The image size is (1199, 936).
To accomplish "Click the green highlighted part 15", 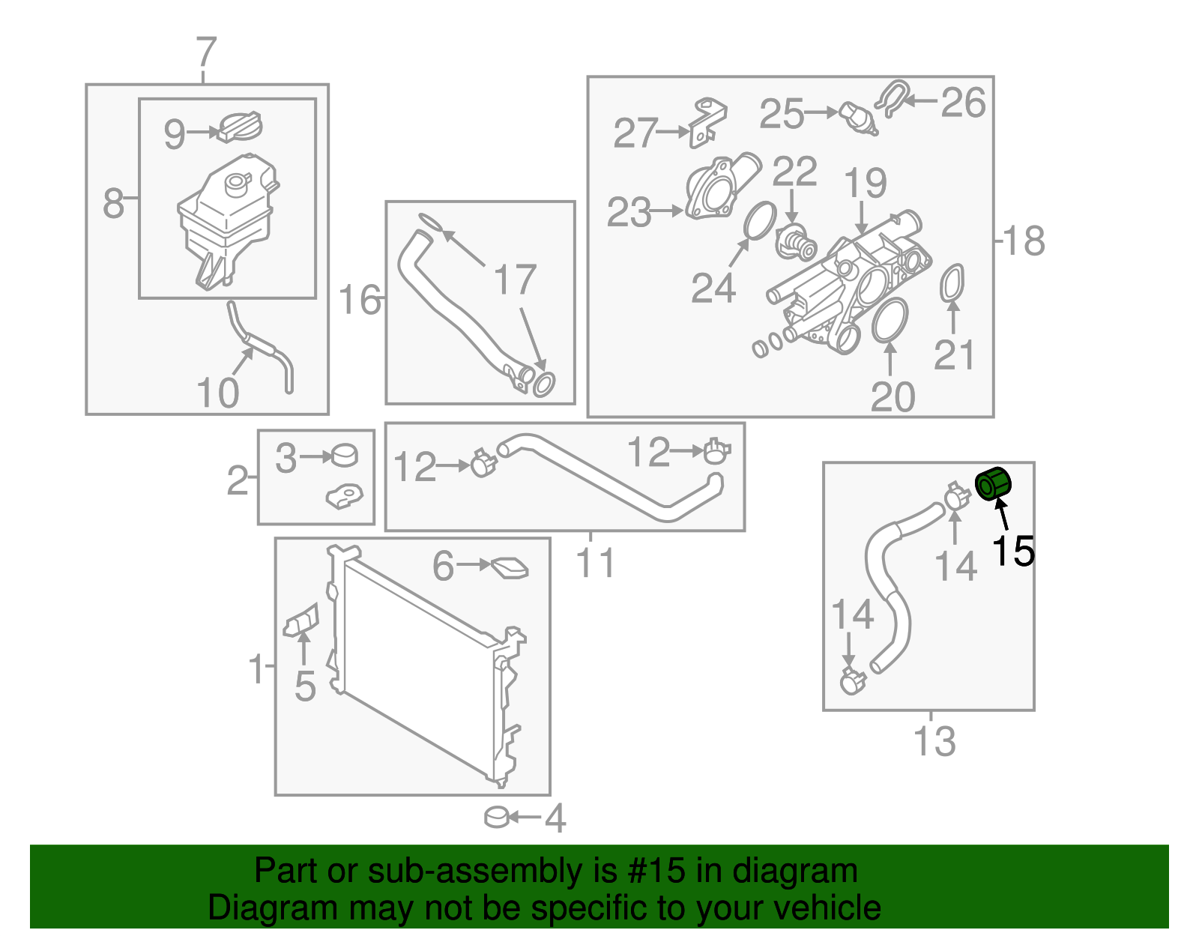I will pos(994,483).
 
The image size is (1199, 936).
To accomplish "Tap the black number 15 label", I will pos(1012,552).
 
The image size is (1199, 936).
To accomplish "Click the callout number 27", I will pos(635,133).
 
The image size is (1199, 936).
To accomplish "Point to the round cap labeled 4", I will pos(497,816).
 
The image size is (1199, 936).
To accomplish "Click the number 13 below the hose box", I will pos(934,742).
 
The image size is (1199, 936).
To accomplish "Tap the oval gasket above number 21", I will pos(952,283).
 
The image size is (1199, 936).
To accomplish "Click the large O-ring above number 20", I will pos(890,319).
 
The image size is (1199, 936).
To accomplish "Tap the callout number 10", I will pos(217,393).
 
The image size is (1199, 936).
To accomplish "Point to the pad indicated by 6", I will pos(510,568).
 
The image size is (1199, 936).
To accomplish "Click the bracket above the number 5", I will pos(301,621).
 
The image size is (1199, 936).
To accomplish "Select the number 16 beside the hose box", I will pos(360,300).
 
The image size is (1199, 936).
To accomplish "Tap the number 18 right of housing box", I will pos(1023,241).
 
